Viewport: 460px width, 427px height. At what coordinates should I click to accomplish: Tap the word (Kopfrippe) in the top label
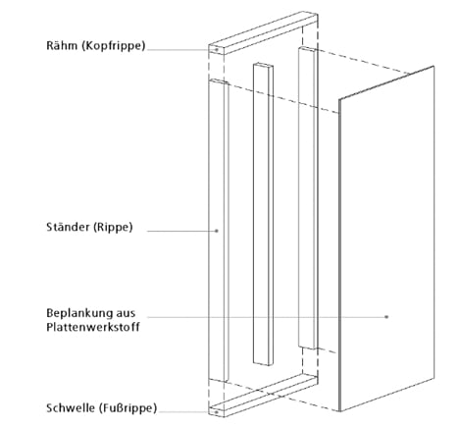(113, 45)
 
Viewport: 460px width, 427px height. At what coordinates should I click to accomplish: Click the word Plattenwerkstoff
(93, 327)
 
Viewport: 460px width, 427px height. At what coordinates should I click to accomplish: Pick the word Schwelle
(70, 407)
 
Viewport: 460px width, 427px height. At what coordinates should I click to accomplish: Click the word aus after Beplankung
(126, 313)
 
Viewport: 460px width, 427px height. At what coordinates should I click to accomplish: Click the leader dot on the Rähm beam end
(216, 50)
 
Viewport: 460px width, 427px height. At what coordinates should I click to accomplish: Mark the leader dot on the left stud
(217, 231)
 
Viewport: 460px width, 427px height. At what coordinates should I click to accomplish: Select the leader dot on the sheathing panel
(386, 317)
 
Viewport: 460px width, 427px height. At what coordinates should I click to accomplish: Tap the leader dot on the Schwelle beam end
(216, 412)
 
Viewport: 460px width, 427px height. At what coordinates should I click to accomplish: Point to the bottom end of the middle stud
(263, 363)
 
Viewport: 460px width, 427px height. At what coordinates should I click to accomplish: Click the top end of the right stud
(308, 49)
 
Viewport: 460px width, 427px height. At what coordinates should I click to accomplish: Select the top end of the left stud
(219, 81)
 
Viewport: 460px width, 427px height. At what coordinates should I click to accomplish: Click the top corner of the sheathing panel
(434, 66)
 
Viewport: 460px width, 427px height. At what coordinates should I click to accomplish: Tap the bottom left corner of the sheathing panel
(339, 411)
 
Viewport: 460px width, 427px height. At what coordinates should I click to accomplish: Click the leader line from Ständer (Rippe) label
(181, 231)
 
